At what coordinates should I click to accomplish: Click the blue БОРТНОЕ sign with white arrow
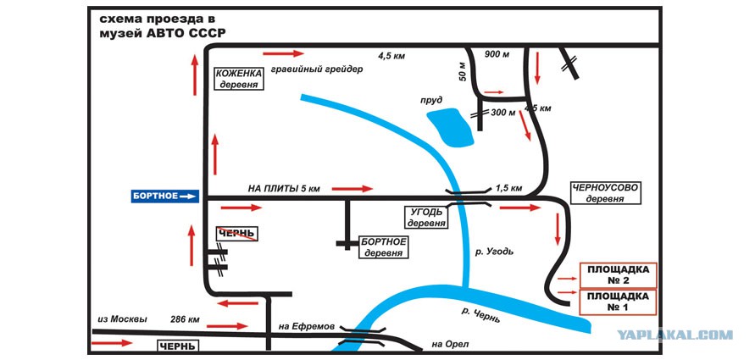pyautogui.click(x=165, y=196)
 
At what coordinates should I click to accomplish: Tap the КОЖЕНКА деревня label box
pyautogui.click(x=239, y=79)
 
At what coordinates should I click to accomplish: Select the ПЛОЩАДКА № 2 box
pyautogui.click(x=619, y=274)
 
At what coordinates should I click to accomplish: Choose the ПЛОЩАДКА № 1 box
pyautogui.click(x=619, y=302)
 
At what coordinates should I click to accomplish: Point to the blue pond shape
pyautogui.click(x=451, y=128)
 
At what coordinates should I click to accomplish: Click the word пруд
pyautogui.click(x=431, y=100)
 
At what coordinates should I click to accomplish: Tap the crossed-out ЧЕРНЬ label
pyautogui.click(x=236, y=234)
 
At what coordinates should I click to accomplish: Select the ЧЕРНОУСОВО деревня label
pyautogui.click(x=605, y=192)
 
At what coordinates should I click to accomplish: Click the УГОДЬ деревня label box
pyautogui.click(x=427, y=218)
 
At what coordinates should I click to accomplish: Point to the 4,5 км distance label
pyautogui.click(x=391, y=56)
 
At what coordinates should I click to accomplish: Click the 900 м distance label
pyautogui.click(x=497, y=54)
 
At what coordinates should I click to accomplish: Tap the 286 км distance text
pyautogui.click(x=185, y=319)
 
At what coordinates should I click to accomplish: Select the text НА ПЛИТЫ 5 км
pyautogui.click(x=284, y=189)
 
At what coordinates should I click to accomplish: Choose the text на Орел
pyautogui.click(x=450, y=344)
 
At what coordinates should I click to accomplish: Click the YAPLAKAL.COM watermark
pyautogui.click(x=675, y=335)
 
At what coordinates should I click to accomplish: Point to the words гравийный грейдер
pyautogui.click(x=317, y=69)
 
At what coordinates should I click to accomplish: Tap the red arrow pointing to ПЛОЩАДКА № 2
pyautogui.click(x=567, y=279)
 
